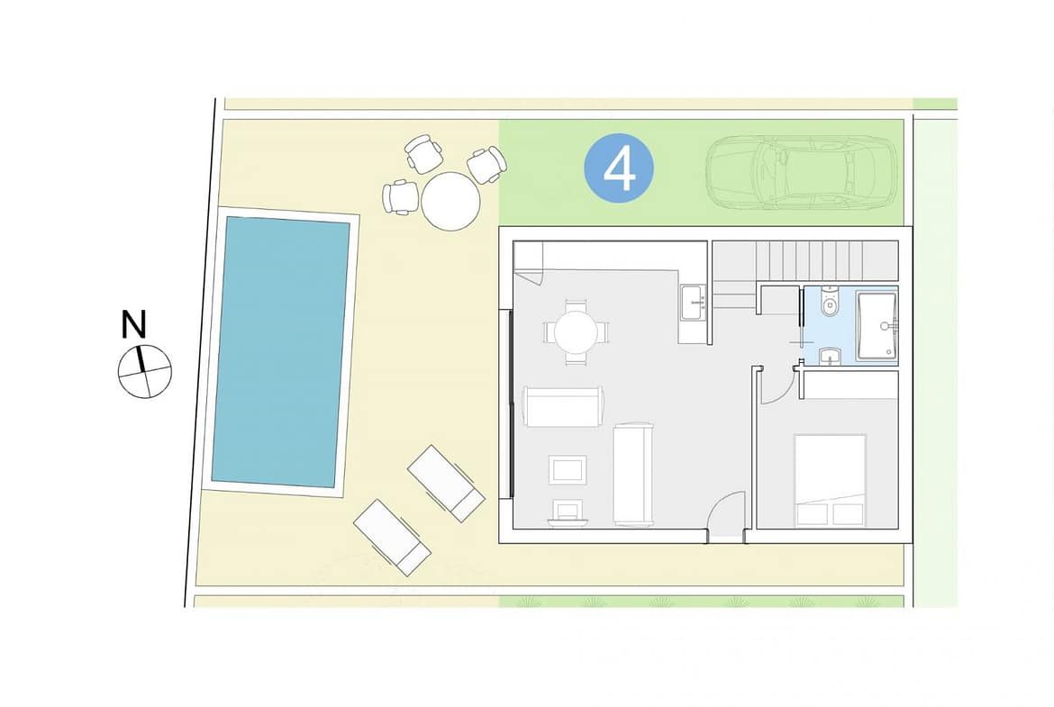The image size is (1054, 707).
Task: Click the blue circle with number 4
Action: coord(618,168)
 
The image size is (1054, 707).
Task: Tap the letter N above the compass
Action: coord(133,324)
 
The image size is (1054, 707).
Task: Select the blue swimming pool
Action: coord(280,351)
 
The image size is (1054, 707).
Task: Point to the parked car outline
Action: coord(801,172)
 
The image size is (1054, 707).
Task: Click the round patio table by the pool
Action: coord(450,202)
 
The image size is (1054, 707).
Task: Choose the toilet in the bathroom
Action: coord(831,302)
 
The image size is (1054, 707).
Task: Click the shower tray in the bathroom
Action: coord(877,325)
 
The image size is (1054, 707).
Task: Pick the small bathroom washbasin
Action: coord(831,356)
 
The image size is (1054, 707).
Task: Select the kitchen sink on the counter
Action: coord(693,304)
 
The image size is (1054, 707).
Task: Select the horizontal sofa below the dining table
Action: coord(563,406)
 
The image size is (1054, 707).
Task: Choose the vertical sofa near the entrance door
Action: coord(633,475)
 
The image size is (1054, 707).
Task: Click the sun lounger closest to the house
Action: coord(446,484)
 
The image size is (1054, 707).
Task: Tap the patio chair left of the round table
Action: coord(401,197)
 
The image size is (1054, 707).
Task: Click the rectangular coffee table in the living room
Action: coord(568,470)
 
